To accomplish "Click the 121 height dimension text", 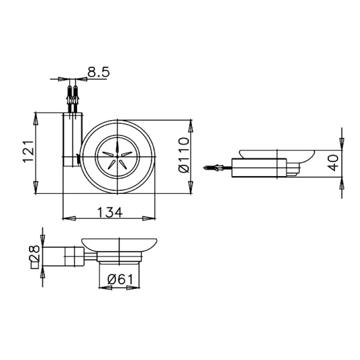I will pyautogui.click(x=27, y=152).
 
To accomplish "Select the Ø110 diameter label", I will pyautogui.click(x=184, y=155).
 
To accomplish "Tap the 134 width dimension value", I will pyautogui.click(x=110, y=212).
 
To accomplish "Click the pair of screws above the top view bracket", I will pyautogui.click(x=72, y=96).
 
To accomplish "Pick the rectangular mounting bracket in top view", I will pyautogui.click(x=72, y=140).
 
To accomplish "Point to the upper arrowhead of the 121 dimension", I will pyautogui.click(x=36, y=118).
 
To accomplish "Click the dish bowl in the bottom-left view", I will pyautogui.click(x=119, y=244).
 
